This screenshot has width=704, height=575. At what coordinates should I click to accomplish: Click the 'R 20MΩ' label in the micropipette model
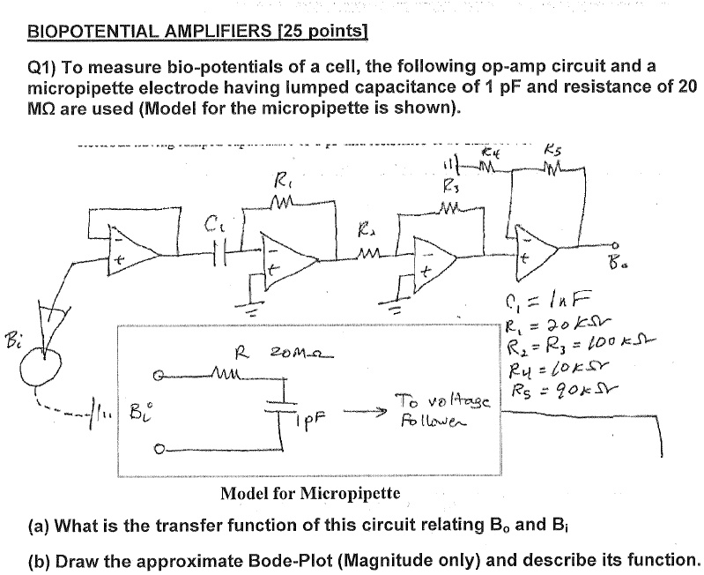coord(263,355)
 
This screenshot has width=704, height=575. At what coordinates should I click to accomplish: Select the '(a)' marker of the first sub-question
coord(38,527)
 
